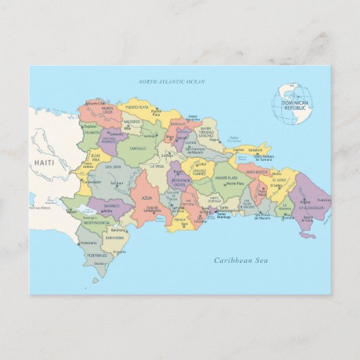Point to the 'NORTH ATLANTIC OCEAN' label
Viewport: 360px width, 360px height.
coord(171,82)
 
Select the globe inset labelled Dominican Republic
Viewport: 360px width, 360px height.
coord(292,103)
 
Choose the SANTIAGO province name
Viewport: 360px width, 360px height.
coord(138,147)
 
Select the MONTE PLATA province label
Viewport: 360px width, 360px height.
coord(226,178)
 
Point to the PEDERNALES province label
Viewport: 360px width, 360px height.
coord(97,255)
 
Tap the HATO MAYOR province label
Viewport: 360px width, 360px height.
coord(257,172)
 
